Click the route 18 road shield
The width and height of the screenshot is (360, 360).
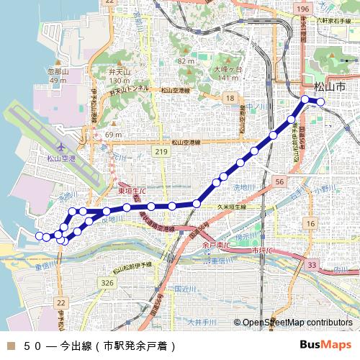click(230, 97)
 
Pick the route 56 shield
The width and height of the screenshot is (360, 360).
click(280, 183)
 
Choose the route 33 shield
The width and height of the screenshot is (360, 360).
click(311, 266)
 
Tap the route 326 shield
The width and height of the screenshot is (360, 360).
click(108, 283)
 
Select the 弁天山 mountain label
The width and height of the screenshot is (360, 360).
click(120, 73)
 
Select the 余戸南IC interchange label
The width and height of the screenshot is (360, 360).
click(216, 245)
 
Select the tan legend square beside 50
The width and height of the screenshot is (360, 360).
click(9, 345)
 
